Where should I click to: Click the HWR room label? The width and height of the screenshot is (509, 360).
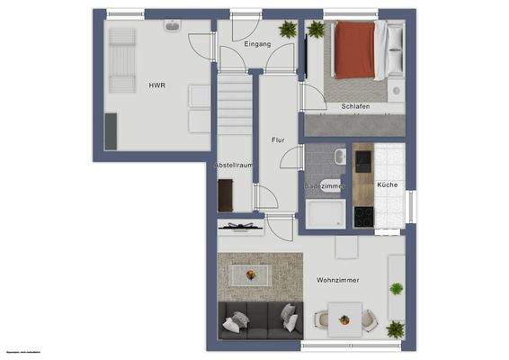[x=156, y=86]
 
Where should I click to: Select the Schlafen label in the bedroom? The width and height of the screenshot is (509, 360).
[x=355, y=105]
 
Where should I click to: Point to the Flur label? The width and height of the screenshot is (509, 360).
[x=278, y=139]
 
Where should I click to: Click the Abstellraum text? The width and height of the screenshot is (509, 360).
[x=234, y=166]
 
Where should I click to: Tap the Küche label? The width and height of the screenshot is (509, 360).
[x=388, y=184]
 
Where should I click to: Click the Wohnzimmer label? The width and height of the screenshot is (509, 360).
[x=338, y=280]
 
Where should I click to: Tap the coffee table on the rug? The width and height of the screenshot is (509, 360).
[x=251, y=274]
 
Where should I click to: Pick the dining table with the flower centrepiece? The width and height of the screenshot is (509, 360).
[x=343, y=317]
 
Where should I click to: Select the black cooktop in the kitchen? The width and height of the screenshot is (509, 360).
[x=364, y=216]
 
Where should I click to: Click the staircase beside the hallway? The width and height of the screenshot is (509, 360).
[x=233, y=107]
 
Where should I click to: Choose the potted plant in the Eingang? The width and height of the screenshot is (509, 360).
[x=288, y=30]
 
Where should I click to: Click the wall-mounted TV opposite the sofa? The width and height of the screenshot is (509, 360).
[x=241, y=226]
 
